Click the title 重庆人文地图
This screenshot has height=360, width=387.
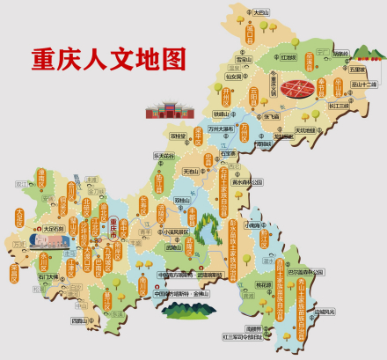pyautogui.click(x=110, y=58)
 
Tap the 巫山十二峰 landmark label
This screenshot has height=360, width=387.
pyautogui.click(x=363, y=84)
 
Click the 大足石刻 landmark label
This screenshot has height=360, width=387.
pyautogui.click(x=54, y=204)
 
